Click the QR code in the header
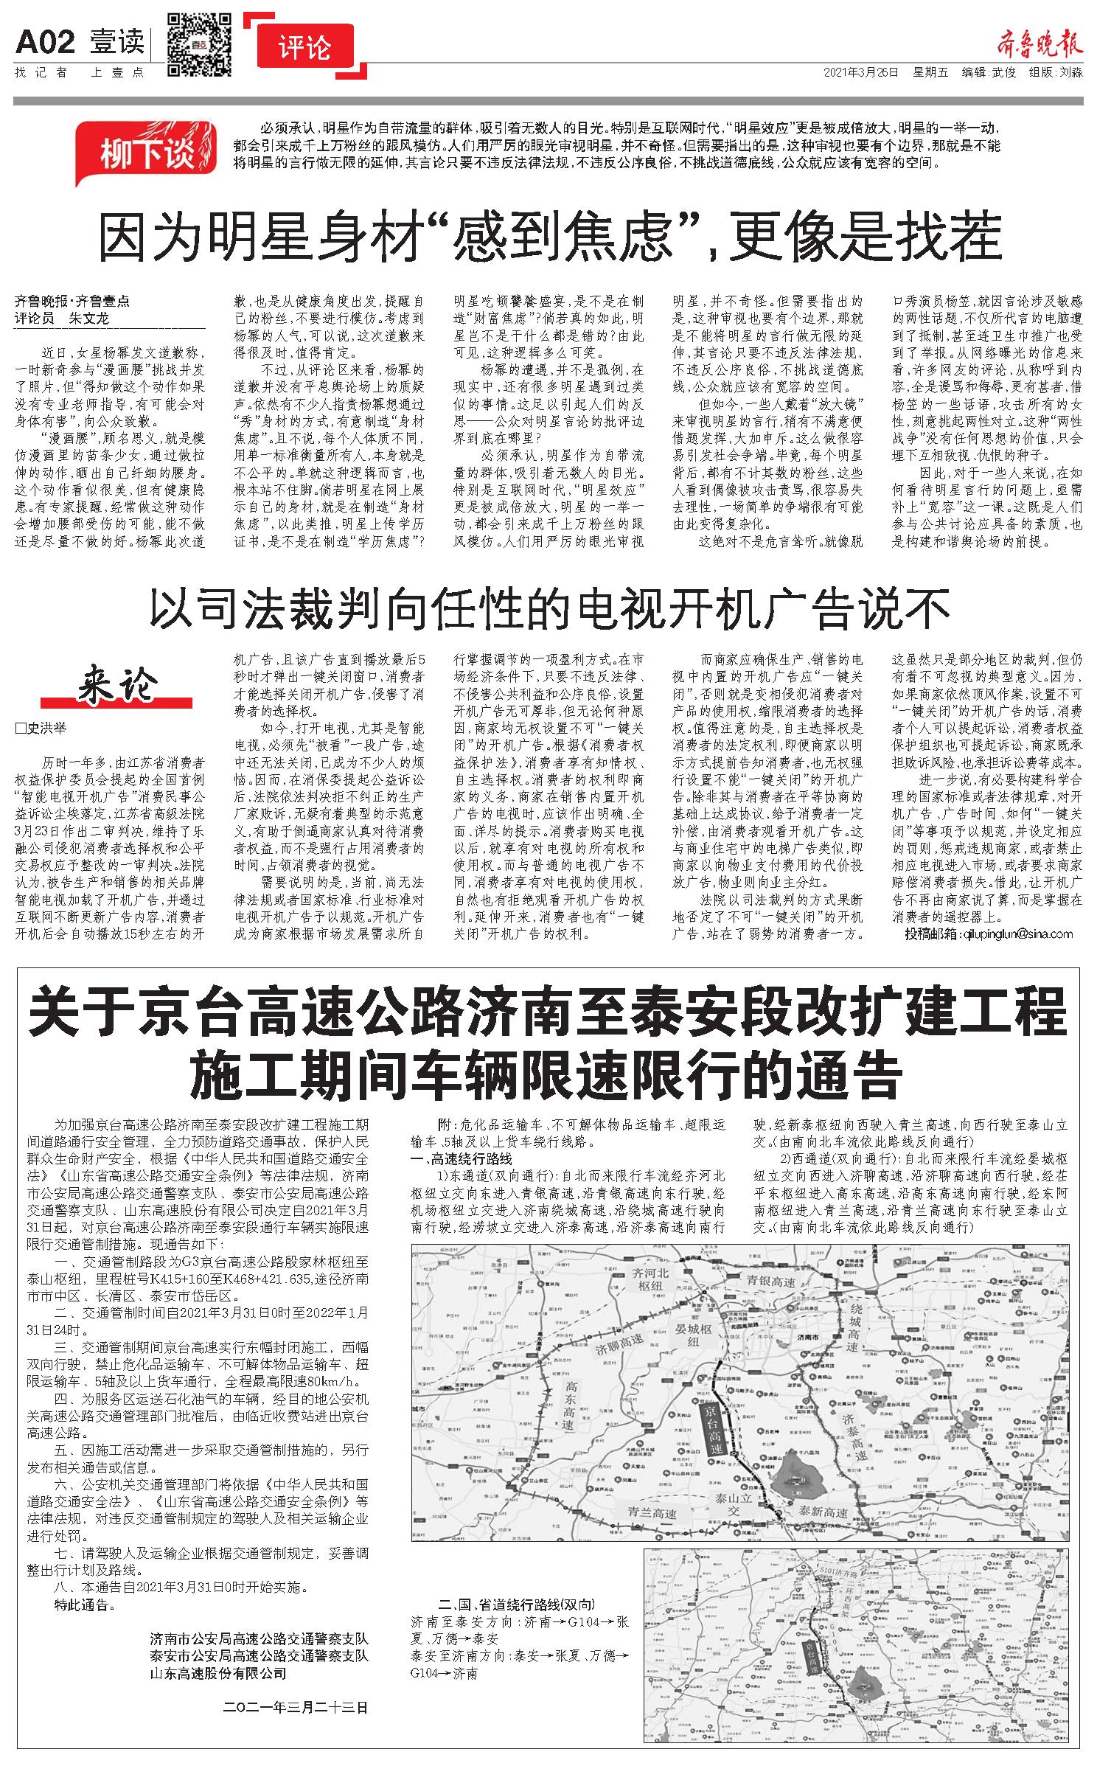point(199,45)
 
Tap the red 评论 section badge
point(306,49)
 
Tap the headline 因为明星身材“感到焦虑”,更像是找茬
point(548,234)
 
